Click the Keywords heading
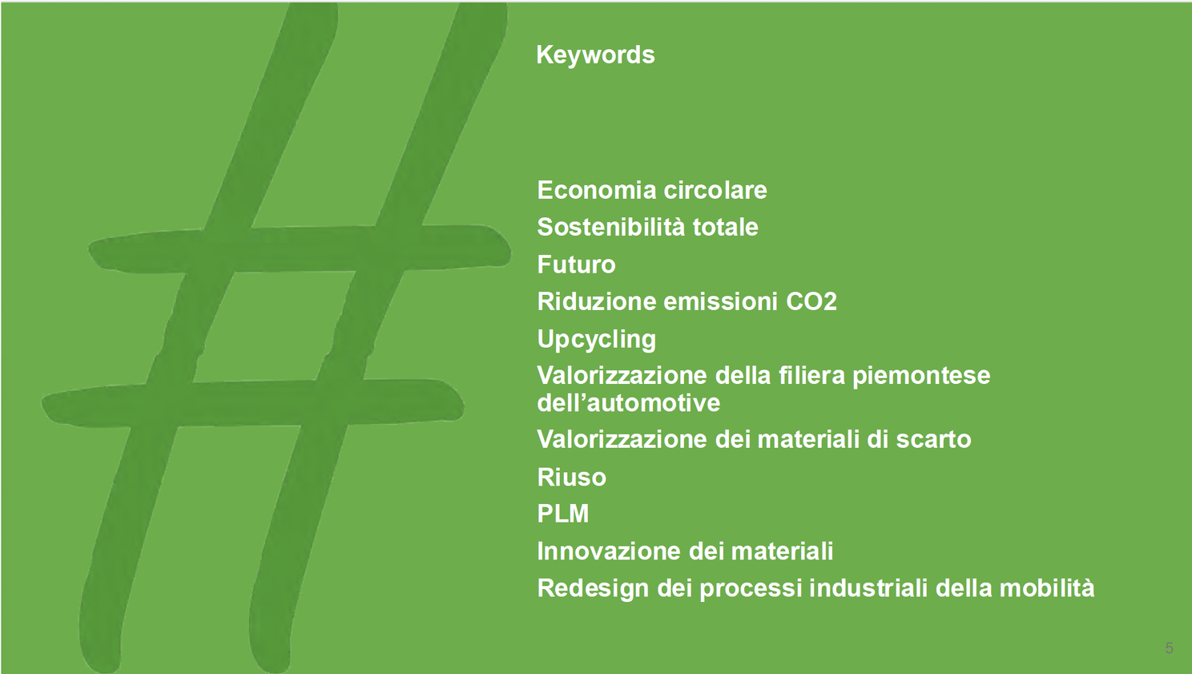(x=595, y=54)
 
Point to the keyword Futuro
(x=576, y=264)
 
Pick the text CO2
(x=811, y=301)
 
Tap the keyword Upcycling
(x=597, y=340)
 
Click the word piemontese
(x=922, y=376)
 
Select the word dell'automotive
(x=629, y=402)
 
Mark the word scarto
(x=933, y=439)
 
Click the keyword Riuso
(x=571, y=477)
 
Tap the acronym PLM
(x=563, y=514)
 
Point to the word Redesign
(x=594, y=589)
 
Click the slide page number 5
(x=1169, y=648)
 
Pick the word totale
(x=725, y=227)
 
